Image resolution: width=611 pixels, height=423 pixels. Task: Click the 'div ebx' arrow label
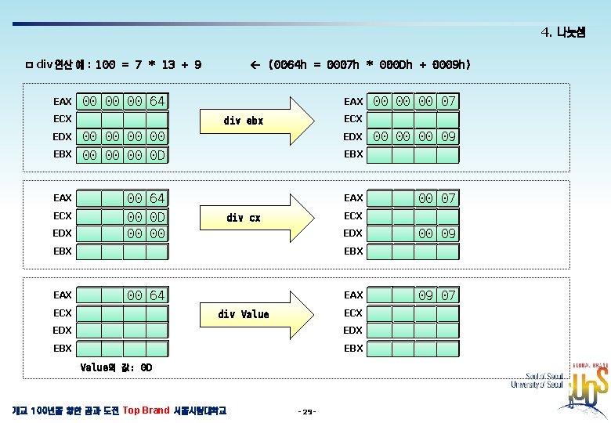point(243,121)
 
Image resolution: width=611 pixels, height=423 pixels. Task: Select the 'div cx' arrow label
point(243,218)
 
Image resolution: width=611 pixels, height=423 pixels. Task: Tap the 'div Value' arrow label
point(243,314)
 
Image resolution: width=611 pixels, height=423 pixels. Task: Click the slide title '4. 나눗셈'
point(562,33)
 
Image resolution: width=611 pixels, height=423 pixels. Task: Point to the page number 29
point(306,411)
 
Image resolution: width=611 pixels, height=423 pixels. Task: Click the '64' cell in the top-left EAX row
point(157,101)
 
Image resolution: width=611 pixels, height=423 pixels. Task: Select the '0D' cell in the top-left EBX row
point(157,154)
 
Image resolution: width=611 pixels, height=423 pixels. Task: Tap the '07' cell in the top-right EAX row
point(448,101)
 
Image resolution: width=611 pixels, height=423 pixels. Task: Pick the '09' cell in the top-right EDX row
point(448,137)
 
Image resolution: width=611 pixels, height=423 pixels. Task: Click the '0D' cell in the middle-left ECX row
point(157,215)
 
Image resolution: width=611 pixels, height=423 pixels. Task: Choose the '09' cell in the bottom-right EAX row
point(425,295)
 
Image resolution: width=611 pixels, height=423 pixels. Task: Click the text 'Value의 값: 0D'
point(116,367)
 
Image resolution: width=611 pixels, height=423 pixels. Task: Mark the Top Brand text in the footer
point(146,410)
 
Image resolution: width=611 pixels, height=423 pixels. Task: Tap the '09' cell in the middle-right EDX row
point(448,233)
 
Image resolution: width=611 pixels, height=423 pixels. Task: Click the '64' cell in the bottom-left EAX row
point(157,295)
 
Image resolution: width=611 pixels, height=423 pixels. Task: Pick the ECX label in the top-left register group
point(63,119)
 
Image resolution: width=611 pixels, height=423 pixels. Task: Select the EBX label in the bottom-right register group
point(353,348)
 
